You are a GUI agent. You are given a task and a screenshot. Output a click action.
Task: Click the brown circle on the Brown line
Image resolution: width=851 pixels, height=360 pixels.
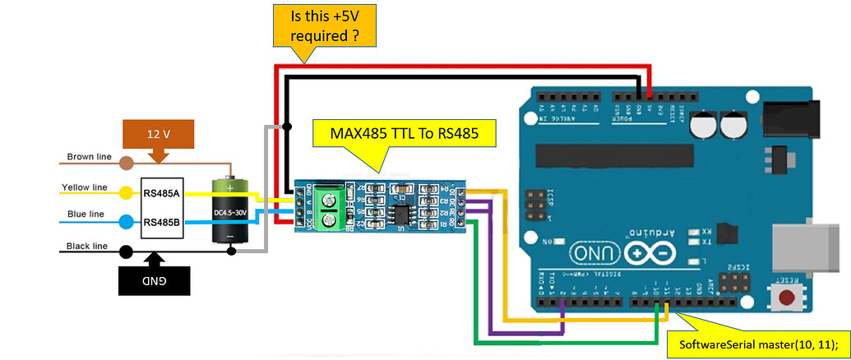pyautogui.click(x=126, y=163)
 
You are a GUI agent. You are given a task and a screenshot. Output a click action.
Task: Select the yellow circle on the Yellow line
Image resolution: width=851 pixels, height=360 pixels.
pyautogui.click(x=126, y=194)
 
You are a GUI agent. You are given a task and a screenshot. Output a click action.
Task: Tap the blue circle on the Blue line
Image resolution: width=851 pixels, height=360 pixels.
pyautogui.click(x=126, y=222)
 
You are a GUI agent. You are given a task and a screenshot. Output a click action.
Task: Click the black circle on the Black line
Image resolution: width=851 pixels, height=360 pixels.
pyautogui.click(x=126, y=252)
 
